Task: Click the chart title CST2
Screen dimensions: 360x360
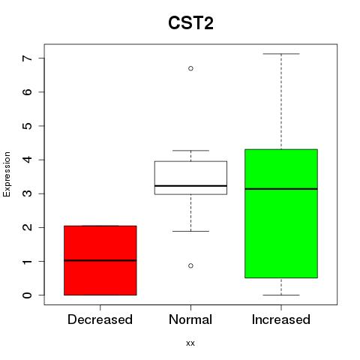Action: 190,23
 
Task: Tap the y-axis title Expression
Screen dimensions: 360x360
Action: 7,174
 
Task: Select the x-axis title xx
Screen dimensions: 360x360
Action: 190,343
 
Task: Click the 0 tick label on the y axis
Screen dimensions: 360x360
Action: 28,295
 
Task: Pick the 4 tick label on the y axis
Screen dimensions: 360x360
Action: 28,160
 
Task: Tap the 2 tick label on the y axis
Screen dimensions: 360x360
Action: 28,227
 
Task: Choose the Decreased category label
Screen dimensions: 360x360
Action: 100,319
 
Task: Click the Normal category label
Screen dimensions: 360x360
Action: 190,319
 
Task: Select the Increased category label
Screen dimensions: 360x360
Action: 281,319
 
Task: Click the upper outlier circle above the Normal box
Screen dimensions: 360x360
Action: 190,68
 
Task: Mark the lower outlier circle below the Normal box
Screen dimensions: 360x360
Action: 190,265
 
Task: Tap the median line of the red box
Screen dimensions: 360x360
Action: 100,260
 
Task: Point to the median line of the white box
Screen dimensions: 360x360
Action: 190,186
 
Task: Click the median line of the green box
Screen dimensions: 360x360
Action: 281,189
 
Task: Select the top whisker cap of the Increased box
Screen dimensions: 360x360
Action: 281,54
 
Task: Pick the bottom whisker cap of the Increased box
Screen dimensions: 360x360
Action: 281,295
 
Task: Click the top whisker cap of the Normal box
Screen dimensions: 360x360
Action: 190,151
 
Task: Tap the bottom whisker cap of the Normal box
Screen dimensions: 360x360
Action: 190,231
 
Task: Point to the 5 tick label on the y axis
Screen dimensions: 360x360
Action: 28,126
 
